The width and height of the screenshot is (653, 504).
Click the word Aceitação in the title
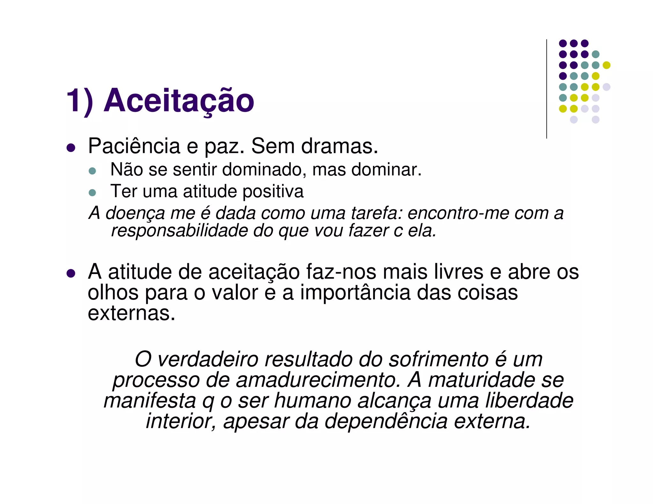[x=179, y=101]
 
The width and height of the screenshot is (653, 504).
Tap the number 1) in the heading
[x=79, y=101]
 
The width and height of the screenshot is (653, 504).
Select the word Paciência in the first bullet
[x=134, y=147]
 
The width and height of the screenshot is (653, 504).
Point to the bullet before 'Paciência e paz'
[x=71, y=148]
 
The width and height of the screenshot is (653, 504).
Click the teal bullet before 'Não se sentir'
[x=92, y=171]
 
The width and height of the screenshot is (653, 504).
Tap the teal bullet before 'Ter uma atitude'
[x=92, y=192]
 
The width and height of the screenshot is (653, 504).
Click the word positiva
[x=273, y=192]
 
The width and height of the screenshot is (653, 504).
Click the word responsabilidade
[x=179, y=231]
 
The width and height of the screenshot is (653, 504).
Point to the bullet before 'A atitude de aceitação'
[x=71, y=273]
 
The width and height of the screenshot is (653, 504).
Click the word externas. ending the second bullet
[x=131, y=313]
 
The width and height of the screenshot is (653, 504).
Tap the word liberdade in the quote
[x=529, y=401]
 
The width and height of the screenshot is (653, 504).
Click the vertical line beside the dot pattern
[x=547, y=89]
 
